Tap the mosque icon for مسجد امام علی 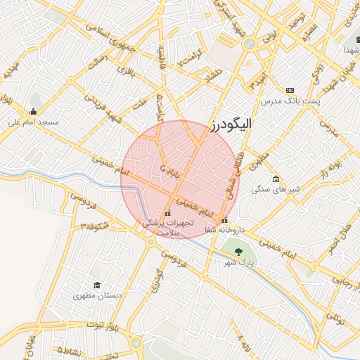(32, 111)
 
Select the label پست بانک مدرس (307, 102)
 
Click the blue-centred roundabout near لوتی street (248, 44)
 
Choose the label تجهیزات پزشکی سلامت (167, 226)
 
